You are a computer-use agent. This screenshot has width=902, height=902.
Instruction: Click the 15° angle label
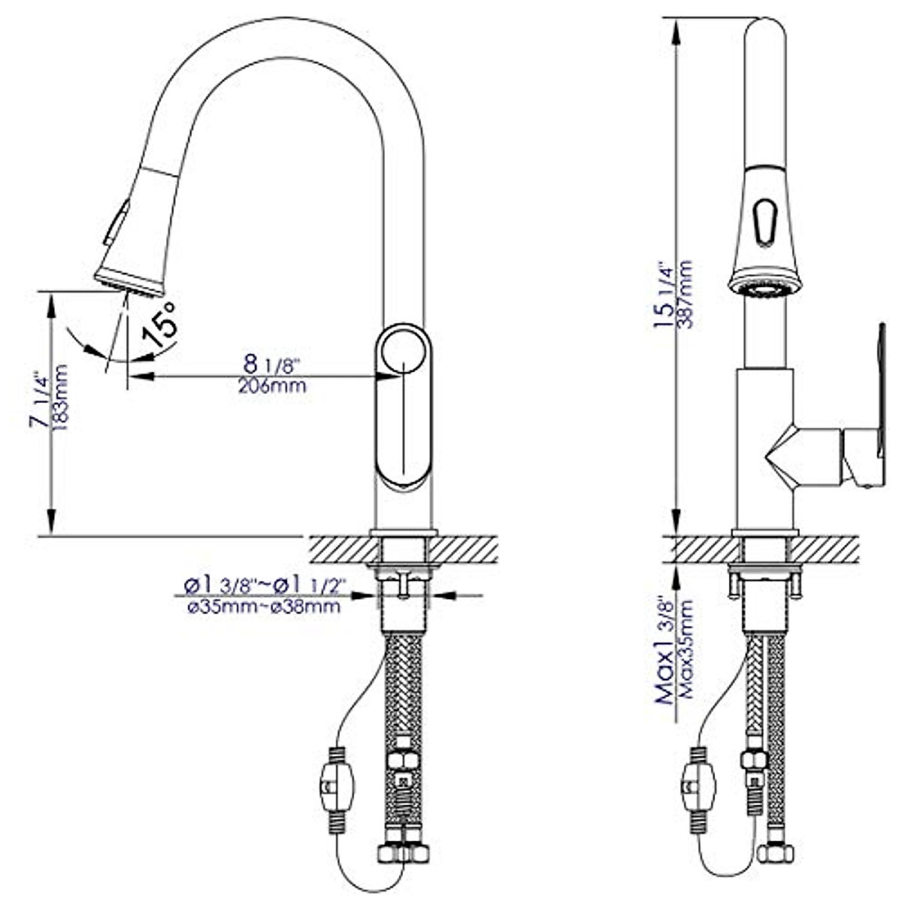[x=162, y=325]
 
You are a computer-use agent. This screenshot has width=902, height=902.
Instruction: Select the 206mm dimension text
[x=271, y=386]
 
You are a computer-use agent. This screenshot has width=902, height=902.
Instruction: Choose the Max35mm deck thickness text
[x=686, y=654]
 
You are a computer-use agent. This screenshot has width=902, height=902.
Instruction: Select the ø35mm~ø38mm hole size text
[x=263, y=606]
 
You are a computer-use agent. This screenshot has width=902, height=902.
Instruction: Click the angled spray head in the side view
[x=135, y=233]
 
